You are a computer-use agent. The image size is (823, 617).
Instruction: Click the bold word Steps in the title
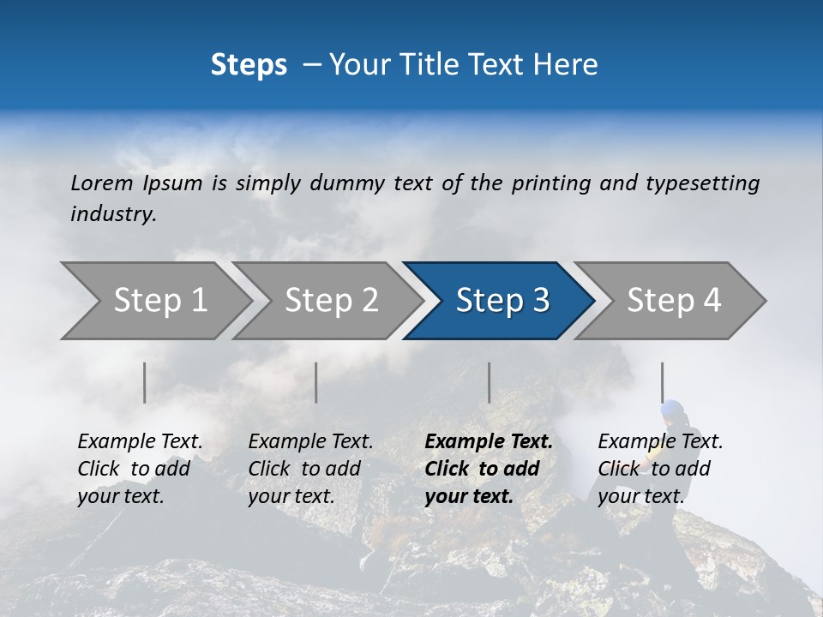click(249, 65)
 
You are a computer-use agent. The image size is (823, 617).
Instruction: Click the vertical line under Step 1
click(145, 382)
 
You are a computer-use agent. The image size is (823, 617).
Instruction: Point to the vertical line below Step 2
click(316, 382)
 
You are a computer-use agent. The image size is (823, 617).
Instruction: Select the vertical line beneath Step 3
click(489, 382)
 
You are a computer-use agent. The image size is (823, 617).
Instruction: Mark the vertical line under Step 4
click(662, 382)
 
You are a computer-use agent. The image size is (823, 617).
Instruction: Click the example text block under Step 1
click(140, 469)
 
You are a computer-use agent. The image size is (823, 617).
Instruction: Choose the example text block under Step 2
click(310, 469)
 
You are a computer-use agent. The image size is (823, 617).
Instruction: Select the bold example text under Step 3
click(489, 469)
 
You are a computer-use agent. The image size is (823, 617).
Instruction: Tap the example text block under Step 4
click(660, 469)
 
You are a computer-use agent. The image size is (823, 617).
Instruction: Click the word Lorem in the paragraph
click(102, 183)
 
